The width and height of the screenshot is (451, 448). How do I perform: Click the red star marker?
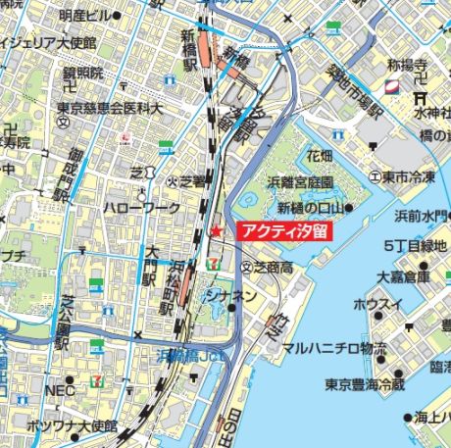coord(216,231)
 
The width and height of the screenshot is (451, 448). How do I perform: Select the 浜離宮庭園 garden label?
coord(301,182)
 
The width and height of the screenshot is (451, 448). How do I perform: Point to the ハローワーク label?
coord(143,208)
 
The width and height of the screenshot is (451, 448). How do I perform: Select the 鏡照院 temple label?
coord(82,74)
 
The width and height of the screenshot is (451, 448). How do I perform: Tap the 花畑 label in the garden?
coord(320,156)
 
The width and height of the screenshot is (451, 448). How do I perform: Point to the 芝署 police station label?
coord(192,180)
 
